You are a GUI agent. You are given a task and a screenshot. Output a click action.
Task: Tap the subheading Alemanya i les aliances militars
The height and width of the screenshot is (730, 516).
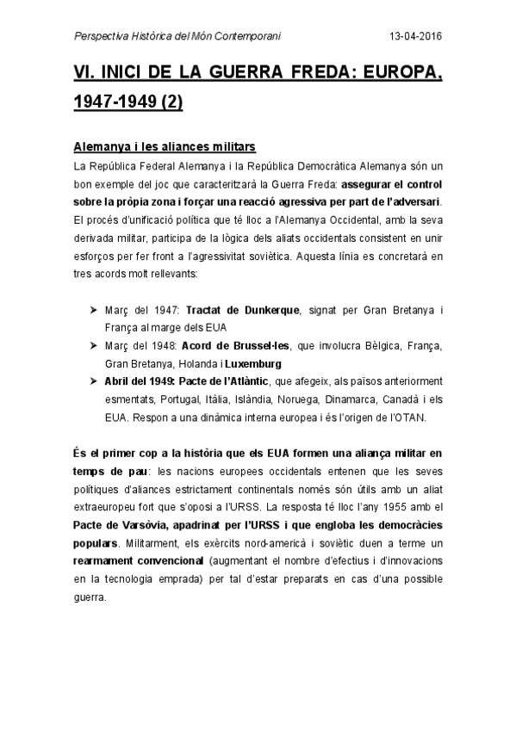163,148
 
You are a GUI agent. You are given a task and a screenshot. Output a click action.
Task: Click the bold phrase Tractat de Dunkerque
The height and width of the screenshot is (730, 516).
242,308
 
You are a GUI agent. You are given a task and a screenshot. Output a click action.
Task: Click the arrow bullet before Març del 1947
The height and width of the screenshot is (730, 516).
94,308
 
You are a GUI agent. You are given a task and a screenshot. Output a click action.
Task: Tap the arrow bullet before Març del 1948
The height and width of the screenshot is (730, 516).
94,345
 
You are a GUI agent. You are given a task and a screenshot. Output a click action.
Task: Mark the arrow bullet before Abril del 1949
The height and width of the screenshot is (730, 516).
94,381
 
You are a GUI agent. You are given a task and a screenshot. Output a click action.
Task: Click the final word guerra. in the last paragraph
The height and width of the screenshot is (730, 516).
89,599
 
